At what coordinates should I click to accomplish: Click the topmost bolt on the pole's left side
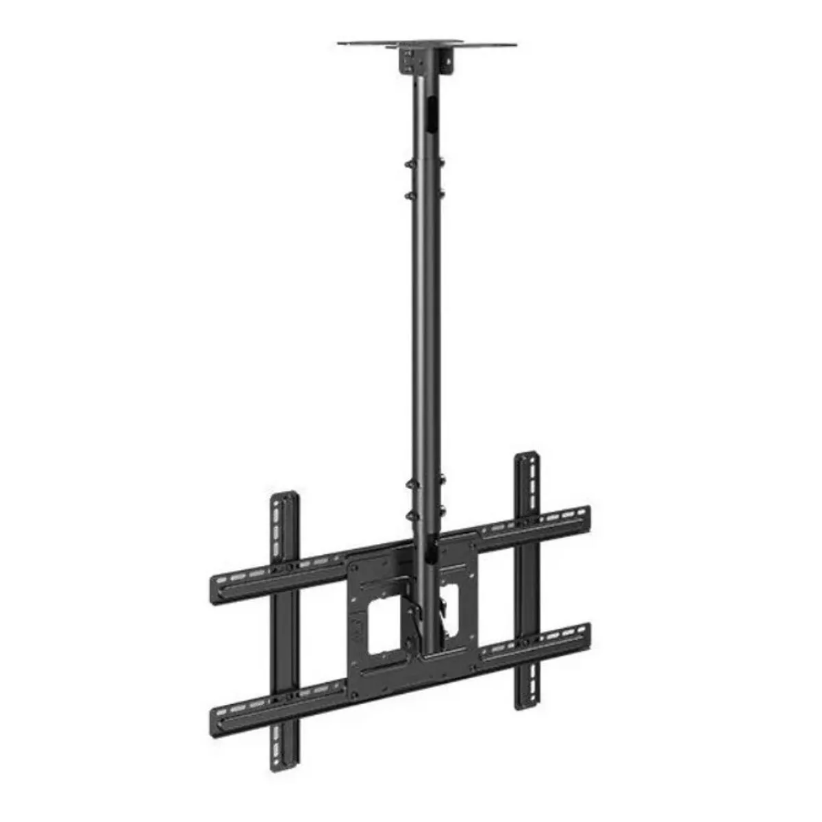[x=409, y=165]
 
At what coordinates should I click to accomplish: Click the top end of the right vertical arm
[x=527, y=458]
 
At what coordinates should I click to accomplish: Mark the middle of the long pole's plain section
[x=425, y=329]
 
